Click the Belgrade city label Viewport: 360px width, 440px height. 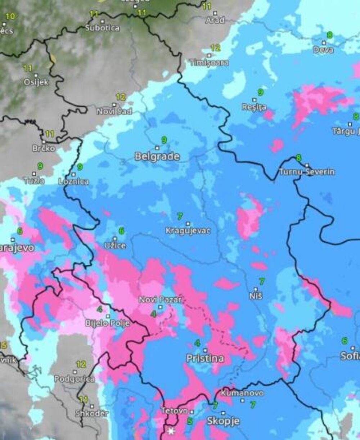(x=157, y=157)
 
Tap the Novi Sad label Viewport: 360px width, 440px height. (x=114, y=112)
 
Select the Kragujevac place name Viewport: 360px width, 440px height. (x=188, y=231)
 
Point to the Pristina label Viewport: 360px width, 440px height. (x=205, y=358)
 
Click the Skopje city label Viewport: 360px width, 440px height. (x=223, y=421)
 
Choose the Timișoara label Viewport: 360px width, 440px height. (x=209, y=63)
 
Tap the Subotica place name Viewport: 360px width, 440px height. (x=102, y=28)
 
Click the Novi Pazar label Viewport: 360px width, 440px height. (x=160, y=300)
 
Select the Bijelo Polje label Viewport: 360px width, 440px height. (x=107, y=323)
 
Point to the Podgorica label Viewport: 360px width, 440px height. (x=75, y=379)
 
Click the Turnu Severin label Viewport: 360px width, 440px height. (x=307, y=172)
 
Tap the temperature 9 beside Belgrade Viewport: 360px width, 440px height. (x=164, y=140)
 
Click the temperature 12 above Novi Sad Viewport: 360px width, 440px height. (x=121, y=97)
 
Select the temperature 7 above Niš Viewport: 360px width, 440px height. (x=262, y=281)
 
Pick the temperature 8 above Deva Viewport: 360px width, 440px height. (x=329, y=35)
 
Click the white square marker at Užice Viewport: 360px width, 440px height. (x=115, y=238)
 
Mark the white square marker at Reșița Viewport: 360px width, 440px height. (x=255, y=100)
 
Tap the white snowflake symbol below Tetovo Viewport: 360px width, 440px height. (x=170, y=431)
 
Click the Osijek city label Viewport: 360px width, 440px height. (x=36, y=82)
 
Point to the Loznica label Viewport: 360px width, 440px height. (x=73, y=181)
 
